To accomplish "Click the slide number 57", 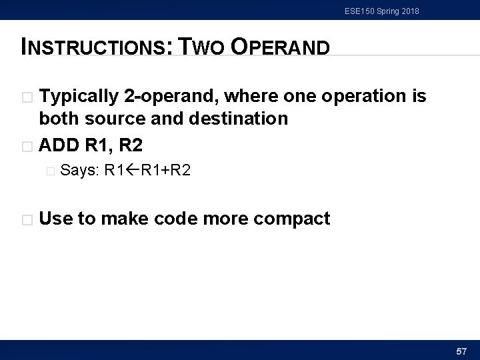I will coord(461,350).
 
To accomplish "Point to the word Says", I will coord(79,171).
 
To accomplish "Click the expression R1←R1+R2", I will coord(147,171).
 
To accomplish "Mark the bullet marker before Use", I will coord(27,218).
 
